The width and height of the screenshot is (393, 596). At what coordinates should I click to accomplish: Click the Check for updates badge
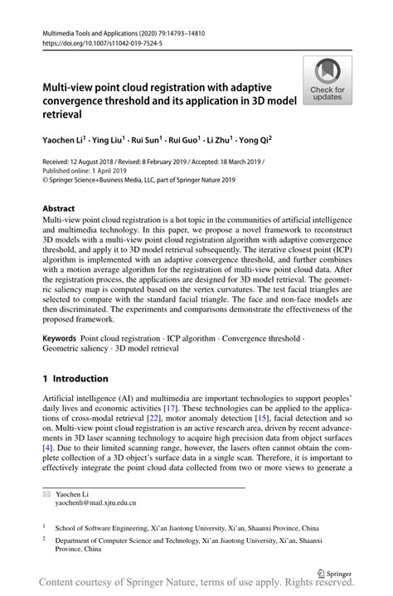[327, 80]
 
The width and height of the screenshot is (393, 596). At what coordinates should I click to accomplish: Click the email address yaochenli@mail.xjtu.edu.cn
[90, 502]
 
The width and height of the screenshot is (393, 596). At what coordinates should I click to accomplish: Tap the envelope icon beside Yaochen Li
[46, 492]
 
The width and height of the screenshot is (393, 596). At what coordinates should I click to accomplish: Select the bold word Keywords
[60, 339]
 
